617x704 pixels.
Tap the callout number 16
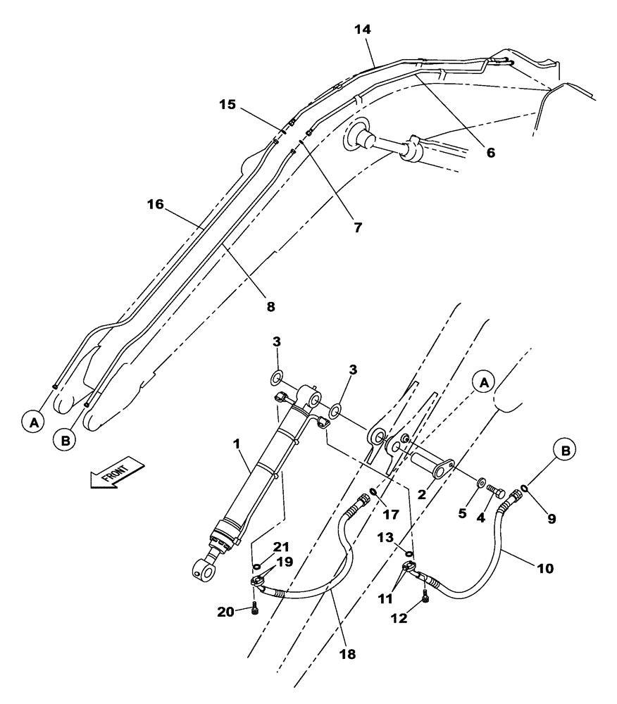(155, 204)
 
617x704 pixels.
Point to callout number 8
(270, 306)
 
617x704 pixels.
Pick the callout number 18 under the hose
(347, 654)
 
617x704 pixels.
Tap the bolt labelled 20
(255, 610)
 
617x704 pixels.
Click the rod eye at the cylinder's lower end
(204, 568)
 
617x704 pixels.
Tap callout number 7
(357, 227)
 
